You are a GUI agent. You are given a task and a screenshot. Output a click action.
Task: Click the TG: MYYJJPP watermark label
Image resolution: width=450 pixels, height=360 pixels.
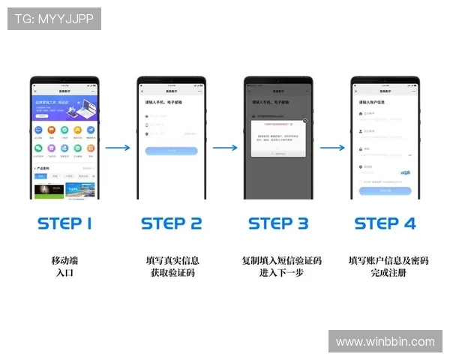[x=54, y=19]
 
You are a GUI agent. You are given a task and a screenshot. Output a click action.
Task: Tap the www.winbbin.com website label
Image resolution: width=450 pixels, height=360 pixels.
[x=385, y=342]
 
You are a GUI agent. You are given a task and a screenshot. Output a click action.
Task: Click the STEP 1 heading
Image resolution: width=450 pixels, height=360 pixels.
[x=64, y=223]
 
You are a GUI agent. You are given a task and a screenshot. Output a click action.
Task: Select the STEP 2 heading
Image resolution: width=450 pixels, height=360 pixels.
[x=171, y=223]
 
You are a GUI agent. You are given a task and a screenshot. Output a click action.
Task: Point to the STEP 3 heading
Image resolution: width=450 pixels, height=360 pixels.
[x=278, y=223]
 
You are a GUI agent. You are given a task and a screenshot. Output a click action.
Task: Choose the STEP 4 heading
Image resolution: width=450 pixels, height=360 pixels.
[x=385, y=223]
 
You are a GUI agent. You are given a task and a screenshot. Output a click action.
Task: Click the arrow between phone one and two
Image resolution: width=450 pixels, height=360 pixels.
[x=118, y=148]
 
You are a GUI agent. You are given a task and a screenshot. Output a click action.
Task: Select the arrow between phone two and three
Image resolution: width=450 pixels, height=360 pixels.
[x=224, y=148]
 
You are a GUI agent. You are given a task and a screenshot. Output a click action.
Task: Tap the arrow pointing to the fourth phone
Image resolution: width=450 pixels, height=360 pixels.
[x=331, y=148]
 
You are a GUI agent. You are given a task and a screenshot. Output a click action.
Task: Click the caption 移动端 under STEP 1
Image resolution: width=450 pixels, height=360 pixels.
[x=64, y=260]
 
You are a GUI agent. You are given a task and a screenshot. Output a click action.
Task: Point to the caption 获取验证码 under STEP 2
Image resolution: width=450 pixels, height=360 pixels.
[x=172, y=273]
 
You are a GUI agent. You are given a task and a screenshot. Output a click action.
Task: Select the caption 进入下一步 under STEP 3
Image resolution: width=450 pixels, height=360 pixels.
[x=280, y=273]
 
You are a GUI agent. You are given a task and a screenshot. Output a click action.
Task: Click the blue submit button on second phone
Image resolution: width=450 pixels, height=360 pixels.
[x=171, y=151]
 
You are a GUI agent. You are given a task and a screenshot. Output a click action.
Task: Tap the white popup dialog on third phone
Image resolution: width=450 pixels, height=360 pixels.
[x=278, y=138]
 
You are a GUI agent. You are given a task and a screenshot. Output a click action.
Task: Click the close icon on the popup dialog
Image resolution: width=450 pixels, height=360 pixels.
[x=304, y=120]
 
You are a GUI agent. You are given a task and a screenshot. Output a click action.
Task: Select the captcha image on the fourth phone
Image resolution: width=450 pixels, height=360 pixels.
[x=405, y=172]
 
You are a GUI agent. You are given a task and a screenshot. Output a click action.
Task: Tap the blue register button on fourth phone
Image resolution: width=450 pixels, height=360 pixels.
[x=385, y=190]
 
